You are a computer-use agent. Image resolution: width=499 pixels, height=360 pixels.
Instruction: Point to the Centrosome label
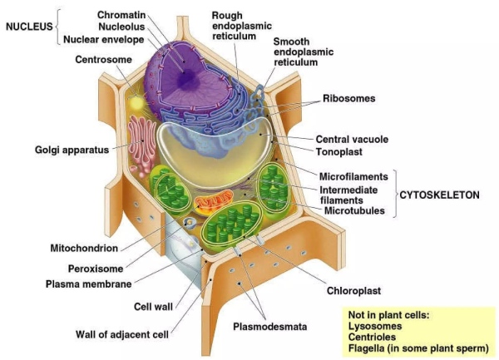pyautogui.click(x=103, y=60)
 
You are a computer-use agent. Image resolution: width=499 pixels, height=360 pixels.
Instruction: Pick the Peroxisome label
pyautogui.click(x=95, y=269)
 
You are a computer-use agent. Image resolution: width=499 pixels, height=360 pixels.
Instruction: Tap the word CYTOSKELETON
pyautogui.click(x=446, y=194)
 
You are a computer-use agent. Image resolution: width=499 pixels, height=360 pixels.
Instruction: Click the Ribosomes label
pyautogui.click(x=348, y=98)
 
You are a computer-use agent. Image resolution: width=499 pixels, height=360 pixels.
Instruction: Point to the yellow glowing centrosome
pyautogui.click(x=136, y=101)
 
